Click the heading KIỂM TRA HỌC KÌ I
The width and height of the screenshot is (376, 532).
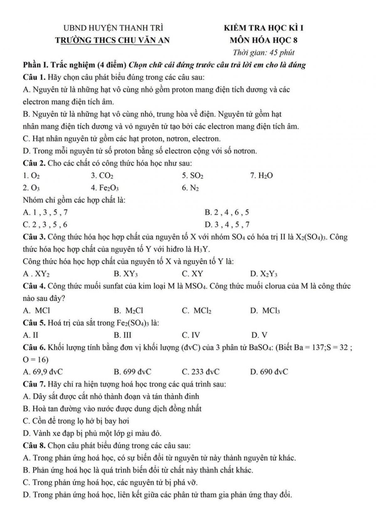click(x=264, y=28)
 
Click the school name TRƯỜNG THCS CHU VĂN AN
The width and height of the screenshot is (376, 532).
click(x=112, y=40)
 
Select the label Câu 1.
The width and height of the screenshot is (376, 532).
click(x=34, y=77)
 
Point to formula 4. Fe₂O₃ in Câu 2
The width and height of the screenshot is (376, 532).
click(x=105, y=188)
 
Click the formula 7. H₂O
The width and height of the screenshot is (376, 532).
click(x=261, y=176)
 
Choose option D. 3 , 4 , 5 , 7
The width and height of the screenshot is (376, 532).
click(x=227, y=225)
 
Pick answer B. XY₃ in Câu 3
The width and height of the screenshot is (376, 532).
click(x=126, y=274)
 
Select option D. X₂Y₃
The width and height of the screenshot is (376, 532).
click(x=264, y=274)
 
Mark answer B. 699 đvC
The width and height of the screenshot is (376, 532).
click(x=133, y=372)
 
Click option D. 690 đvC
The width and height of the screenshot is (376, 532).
click(x=269, y=372)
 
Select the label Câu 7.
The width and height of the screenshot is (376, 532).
click(x=34, y=384)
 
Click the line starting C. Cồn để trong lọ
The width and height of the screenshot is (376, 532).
click(x=76, y=421)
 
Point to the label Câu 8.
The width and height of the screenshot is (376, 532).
click(x=34, y=445)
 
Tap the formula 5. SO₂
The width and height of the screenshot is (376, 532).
click(x=193, y=176)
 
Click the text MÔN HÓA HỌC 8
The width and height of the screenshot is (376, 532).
click(x=264, y=40)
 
